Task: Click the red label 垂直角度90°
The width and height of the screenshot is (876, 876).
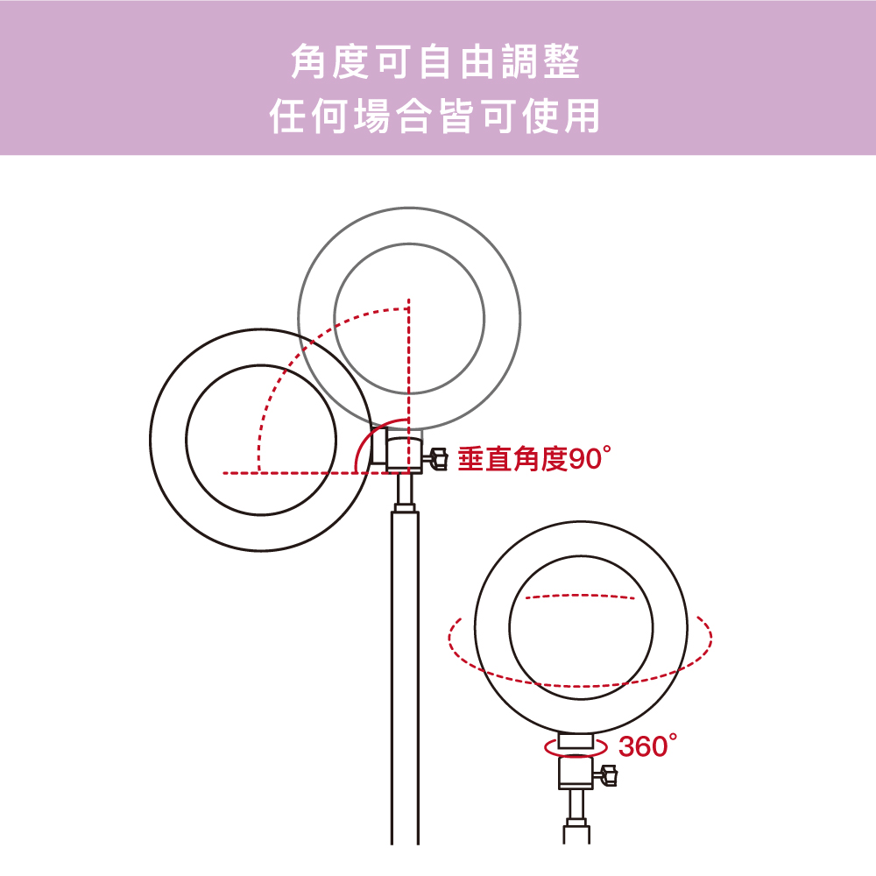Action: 534,459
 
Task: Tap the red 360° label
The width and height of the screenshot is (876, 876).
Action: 648,745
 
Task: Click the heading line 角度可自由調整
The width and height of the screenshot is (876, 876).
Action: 435,61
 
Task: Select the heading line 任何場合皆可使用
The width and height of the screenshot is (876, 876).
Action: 435,116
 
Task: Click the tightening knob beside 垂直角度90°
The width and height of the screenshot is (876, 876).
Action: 435,458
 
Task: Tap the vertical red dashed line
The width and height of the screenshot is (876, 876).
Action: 409,385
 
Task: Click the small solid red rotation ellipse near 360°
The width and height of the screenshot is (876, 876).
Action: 576,755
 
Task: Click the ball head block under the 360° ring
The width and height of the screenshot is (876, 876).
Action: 576,772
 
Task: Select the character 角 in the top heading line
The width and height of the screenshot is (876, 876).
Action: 307,61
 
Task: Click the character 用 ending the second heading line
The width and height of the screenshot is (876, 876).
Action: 583,116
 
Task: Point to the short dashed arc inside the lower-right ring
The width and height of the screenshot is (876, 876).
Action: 581,596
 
